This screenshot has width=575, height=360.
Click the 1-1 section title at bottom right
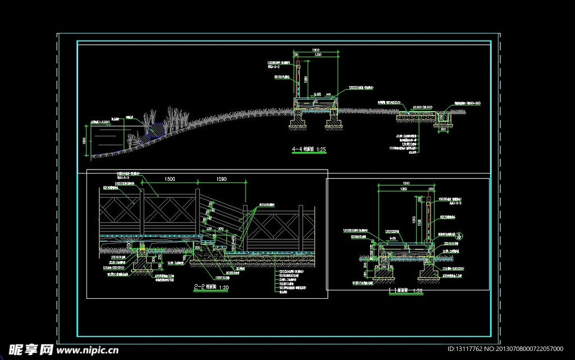coord(405,291)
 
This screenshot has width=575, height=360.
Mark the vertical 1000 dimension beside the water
coord(84,140)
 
